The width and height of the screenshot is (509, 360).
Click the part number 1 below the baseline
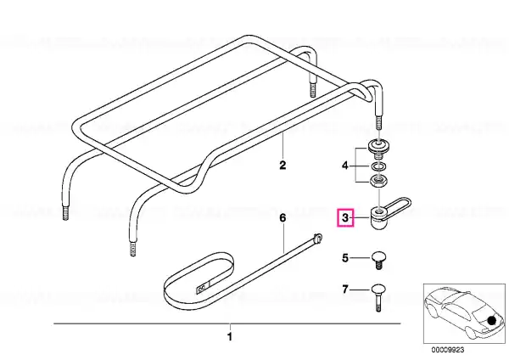pyautogui.click(x=230, y=336)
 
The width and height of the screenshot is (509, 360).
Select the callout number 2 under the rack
pyautogui.click(x=282, y=165)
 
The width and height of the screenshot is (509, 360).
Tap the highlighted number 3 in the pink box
pyautogui.click(x=345, y=217)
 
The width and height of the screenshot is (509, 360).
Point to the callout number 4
pyautogui.click(x=344, y=166)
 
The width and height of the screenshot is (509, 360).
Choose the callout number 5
pyautogui.click(x=345, y=258)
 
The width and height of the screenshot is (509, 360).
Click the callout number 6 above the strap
pyautogui.click(x=282, y=217)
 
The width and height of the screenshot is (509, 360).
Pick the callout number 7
pyautogui.click(x=345, y=289)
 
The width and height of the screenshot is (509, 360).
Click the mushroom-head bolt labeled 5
pyautogui.click(x=378, y=260)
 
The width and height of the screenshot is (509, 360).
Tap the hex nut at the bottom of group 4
pyautogui.click(x=378, y=180)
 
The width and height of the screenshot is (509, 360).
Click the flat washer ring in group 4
pyautogui.click(x=378, y=166)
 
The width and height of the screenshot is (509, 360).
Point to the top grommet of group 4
pyautogui.click(x=378, y=148)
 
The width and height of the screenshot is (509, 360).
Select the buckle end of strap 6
pyautogui.click(x=317, y=238)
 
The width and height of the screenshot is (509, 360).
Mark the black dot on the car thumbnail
pyautogui.click(x=492, y=320)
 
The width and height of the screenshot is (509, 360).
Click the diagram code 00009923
pyautogui.click(x=448, y=350)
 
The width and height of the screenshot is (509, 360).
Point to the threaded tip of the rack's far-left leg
pyautogui.click(x=65, y=213)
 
